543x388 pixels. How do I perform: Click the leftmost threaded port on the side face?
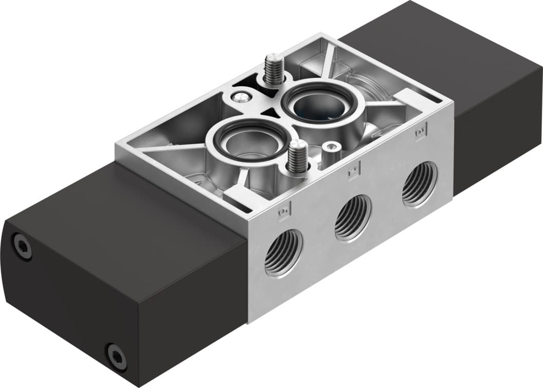point(283,253)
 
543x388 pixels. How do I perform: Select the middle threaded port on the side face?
point(353,218)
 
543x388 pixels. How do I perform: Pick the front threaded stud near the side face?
point(296,158)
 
